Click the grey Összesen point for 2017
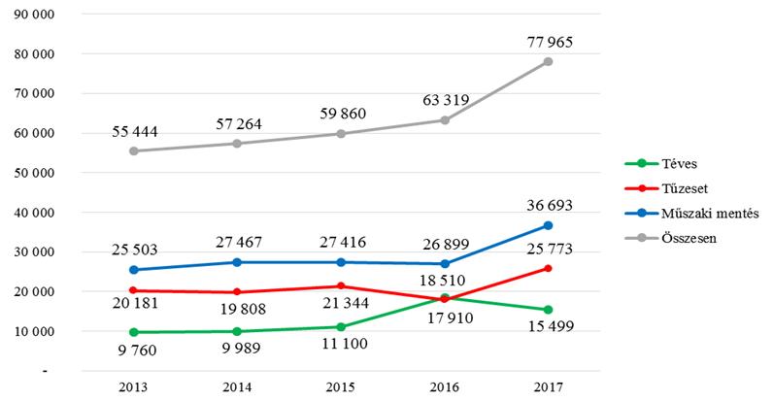[548, 61]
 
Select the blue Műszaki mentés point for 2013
[133, 270]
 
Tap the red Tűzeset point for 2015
[341, 285]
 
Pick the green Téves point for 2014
[237, 331]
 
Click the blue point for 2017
[548, 225]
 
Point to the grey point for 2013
[133, 150]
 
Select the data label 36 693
[548, 205]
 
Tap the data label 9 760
[133, 351]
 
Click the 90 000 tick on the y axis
[38, 15]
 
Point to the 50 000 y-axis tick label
[38, 173]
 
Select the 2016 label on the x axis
[444, 386]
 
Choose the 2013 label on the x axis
[133, 386]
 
